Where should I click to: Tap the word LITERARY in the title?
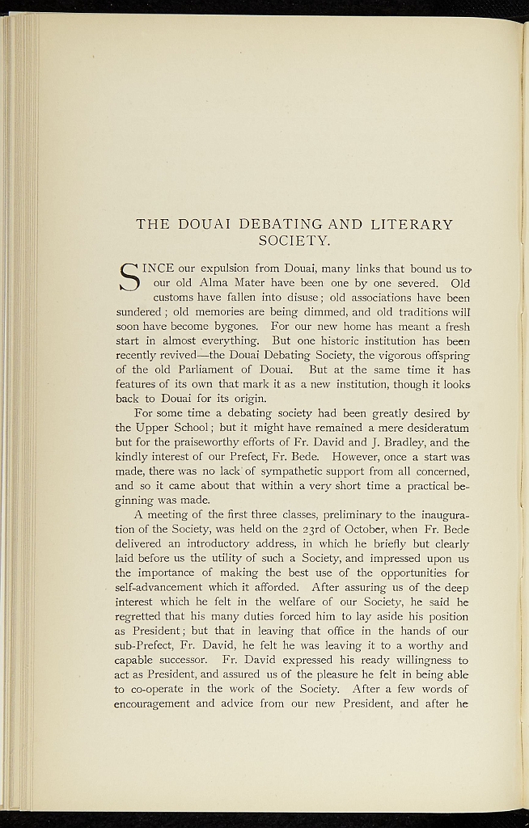coord(409,224)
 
